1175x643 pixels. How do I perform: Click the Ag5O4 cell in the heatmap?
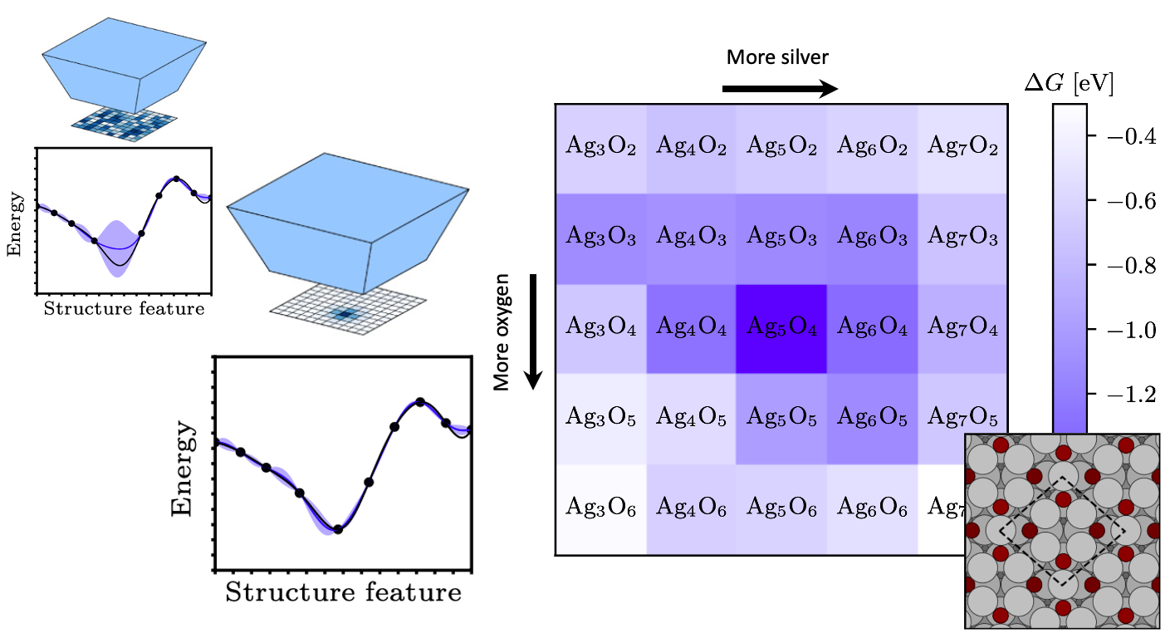pos(781,329)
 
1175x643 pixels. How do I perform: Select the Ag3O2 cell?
pos(600,149)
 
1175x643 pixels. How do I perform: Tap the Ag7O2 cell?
pos(962,149)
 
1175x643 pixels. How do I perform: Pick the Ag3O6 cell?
pos(600,508)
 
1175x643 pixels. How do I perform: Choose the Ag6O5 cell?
pos(872,419)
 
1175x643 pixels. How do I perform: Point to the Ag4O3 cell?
pos(691,238)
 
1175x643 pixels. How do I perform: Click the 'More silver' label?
pos(777,57)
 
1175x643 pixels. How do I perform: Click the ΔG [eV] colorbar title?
pos(1070,84)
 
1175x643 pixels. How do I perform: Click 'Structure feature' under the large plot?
pos(343,593)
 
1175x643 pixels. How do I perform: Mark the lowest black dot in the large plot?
pos(337,529)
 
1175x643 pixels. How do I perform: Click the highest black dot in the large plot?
pos(420,402)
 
